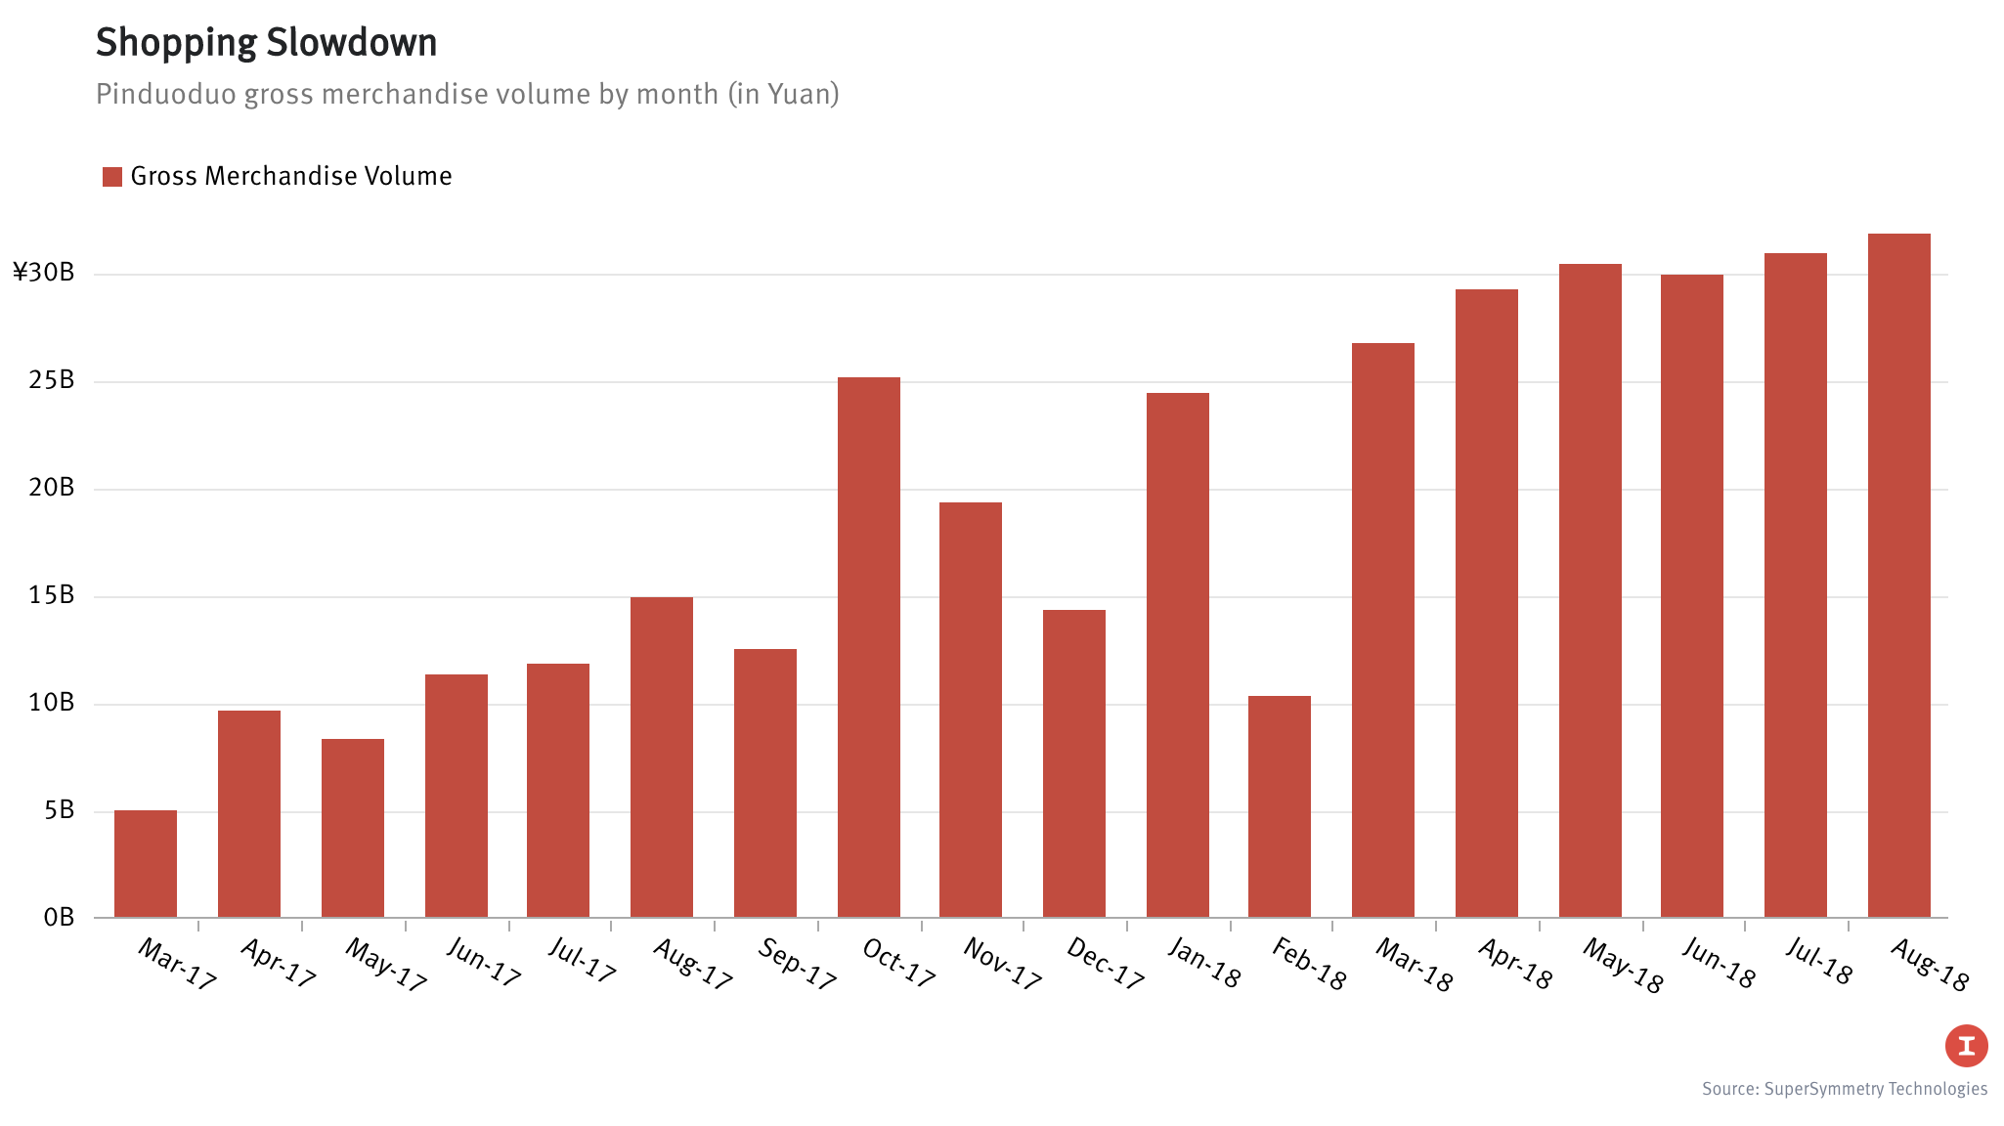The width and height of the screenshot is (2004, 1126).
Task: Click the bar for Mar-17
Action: pos(146,864)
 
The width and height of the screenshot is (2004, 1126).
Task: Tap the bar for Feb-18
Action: pos(1280,806)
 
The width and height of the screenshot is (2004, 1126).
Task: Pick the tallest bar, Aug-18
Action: pos(1899,576)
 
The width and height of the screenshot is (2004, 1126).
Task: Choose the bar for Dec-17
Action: pos(1074,763)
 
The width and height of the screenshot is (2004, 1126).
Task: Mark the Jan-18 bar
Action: pos(1178,655)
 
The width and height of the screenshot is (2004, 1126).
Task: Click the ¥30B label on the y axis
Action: pos(44,273)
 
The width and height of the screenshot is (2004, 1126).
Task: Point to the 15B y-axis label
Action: pos(52,595)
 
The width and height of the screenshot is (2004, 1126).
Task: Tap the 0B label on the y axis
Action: pos(59,918)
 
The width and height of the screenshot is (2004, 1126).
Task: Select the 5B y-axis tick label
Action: pos(59,810)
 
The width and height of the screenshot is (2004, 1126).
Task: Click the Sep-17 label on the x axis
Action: pos(798,964)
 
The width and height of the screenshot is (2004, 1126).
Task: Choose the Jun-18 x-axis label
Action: pos(1719,964)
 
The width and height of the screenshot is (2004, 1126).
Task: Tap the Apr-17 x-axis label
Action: pos(279,964)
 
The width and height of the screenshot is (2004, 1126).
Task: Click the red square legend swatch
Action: pos(112,177)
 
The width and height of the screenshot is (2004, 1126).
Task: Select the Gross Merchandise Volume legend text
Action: pos(291,176)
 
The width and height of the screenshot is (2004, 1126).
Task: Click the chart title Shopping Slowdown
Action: pos(267,43)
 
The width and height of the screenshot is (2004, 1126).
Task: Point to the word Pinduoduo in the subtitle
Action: pos(165,94)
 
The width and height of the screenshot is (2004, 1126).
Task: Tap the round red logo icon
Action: pos(1966,1046)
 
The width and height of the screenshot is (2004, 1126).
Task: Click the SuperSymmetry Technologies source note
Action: pos(1845,1089)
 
